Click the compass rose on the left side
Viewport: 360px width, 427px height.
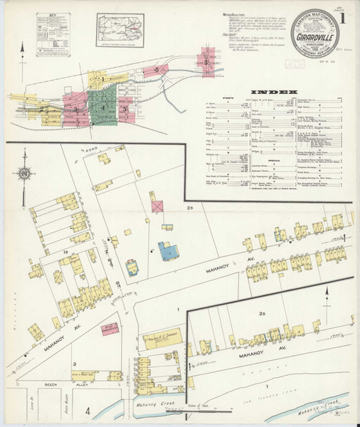point(25,173)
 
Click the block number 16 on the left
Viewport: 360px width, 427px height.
point(64,252)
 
